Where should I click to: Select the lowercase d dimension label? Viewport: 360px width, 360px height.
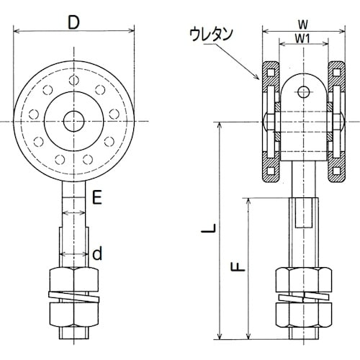click(x=97, y=253)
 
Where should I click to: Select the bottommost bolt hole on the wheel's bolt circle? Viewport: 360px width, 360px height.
click(x=73, y=163)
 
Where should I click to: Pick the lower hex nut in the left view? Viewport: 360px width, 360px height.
click(x=73, y=317)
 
